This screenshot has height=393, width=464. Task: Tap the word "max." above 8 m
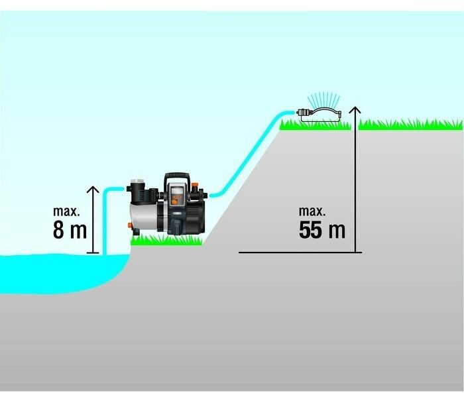click(66, 211)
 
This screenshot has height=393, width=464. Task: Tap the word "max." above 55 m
click(312, 211)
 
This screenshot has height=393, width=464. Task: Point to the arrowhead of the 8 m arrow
click(93, 190)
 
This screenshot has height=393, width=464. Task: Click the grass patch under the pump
click(166, 241)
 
